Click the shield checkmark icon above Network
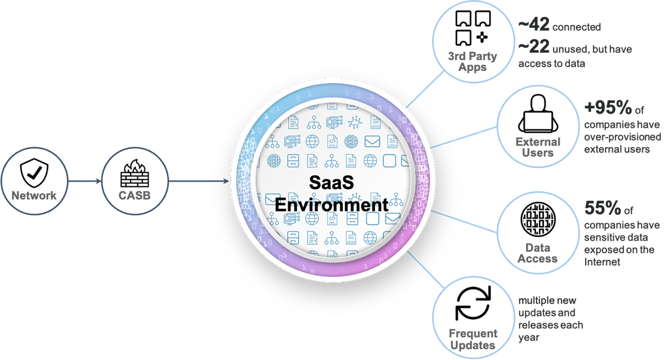pos(35,173)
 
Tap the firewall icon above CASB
pos(135,173)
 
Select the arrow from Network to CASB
pos(85,181)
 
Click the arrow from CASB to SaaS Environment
pos(199,181)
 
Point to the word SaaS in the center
pos(332,183)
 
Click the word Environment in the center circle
pos(332,205)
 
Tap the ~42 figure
pos(534,24)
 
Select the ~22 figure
pos(534,46)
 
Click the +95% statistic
pos(608,107)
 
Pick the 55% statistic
pos(602,208)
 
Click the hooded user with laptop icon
pos(538,114)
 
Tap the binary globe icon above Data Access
pos(538,219)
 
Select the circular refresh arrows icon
pos(473,303)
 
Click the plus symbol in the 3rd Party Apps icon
pos(482,37)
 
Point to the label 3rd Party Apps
pos(472,61)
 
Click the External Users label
pos(538,147)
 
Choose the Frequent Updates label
pos(473,339)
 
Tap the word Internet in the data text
pos(602,262)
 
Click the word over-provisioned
pos(623,137)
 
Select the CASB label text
pos(135,195)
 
